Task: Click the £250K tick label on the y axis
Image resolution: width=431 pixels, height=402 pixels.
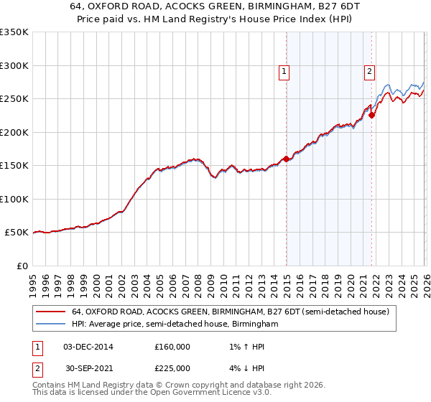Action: pos(14,98)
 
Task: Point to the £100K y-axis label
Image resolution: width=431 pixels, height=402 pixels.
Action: pos(14,199)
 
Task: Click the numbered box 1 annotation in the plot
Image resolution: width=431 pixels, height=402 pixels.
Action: pos(284,71)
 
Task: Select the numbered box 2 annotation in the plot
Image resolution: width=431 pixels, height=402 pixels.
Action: pos(369,71)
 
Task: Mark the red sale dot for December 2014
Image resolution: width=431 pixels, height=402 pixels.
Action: pos(287,159)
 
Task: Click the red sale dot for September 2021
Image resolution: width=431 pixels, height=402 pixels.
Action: pos(372,115)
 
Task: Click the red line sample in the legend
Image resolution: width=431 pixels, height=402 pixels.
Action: pos(51,312)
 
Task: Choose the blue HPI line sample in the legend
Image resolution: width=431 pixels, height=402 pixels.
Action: pos(51,324)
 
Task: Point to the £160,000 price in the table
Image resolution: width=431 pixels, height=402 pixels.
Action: pos(172,347)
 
